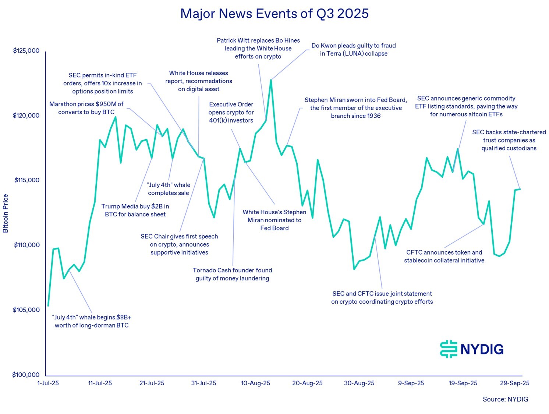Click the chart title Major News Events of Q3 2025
[x=274, y=14]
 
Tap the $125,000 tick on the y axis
[x=26, y=51]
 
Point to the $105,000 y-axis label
[x=26, y=310]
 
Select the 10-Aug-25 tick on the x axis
[x=255, y=383]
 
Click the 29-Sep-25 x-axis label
[x=514, y=383]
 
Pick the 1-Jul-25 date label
[x=48, y=383]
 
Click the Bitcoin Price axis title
[x=6, y=213]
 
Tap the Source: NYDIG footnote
[x=505, y=399]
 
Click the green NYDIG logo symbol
[x=448, y=349]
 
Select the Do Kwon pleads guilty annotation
[x=353, y=50]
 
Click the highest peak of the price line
[x=271, y=79]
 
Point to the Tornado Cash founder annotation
[x=232, y=274]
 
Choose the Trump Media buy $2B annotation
[x=135, y=210]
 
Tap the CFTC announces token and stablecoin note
[x=444, y=256]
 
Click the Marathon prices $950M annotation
[x=86, y=108]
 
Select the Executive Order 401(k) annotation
[x=231, y=112]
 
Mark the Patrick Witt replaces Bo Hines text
[x=258, y=48]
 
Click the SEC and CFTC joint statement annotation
[x=382, y=298]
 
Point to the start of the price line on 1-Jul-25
[x=48, y=305]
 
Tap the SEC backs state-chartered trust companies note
[x=509, y=140]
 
